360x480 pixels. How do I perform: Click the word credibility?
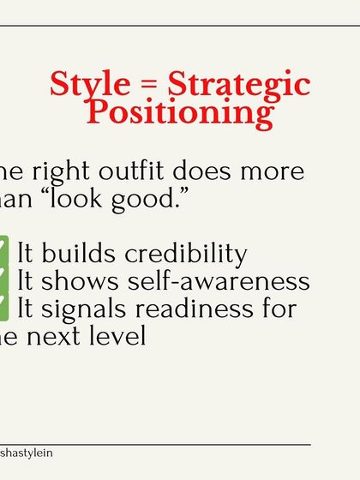pyautogui.click(x=186, y=255)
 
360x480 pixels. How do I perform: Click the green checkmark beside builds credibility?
pyautogui.click(x=4, y=253)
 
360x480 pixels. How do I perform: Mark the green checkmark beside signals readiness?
pyautogui.click(x=4, y=308)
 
